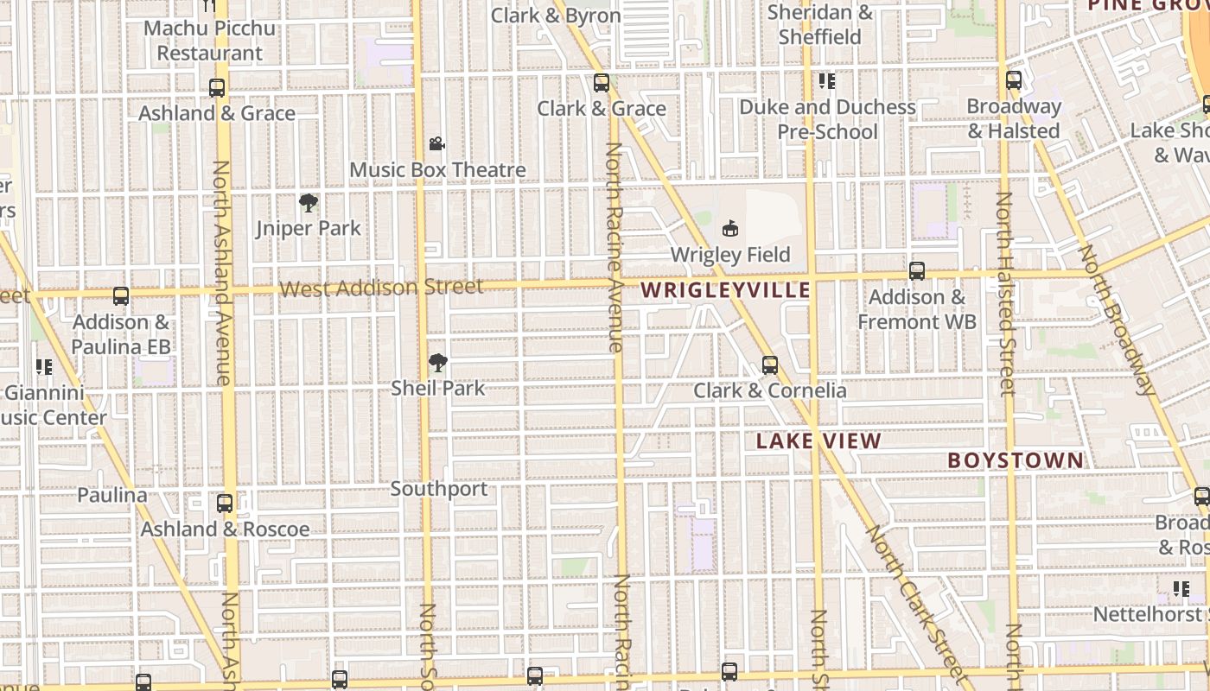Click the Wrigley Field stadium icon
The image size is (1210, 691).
point(730,228)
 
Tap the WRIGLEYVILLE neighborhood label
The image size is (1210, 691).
point(726,290)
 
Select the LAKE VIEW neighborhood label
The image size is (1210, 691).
point(818,441)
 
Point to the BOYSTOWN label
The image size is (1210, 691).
point(1016,460)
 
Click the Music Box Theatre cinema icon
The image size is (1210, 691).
point(437,143)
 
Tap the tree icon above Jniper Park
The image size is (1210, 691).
point(309,203)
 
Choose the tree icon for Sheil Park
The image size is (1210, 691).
point(438,363)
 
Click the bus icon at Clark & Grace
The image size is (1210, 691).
point(602,83)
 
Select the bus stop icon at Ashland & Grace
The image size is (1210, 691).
point(217,88)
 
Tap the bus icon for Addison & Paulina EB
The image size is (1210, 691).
point(121,296)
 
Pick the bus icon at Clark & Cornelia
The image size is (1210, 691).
point(770,365)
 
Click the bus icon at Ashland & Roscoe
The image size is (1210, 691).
point(225,503)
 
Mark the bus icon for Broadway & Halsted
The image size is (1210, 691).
point(1014,80)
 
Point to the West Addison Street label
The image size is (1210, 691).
point(381,288)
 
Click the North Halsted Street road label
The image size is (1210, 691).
point(1005,294)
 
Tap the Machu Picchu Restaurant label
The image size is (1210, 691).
point(210,41)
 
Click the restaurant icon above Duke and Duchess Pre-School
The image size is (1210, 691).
point(827,81)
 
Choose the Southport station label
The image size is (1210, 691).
point(439,489)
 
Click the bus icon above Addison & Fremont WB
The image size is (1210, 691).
point(917,271)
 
